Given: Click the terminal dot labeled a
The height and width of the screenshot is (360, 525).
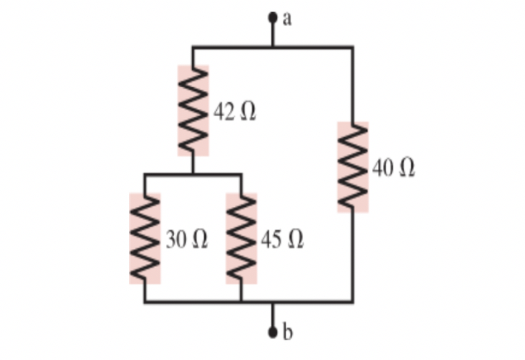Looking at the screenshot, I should click(x=273, y=16).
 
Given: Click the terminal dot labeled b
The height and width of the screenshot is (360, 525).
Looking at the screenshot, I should click(x=273, y=332).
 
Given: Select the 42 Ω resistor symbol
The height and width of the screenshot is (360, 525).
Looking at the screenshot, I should click(x=193, y=110).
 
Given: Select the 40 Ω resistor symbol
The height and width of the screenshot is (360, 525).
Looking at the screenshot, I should click(x=352, y=167).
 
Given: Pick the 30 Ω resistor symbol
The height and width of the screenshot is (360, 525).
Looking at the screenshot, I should click(x=144, y=238).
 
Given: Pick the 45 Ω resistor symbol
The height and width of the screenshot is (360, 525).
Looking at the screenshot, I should click(x=241, y=238).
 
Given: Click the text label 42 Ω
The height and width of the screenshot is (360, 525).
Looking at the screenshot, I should click(x=234, y=112).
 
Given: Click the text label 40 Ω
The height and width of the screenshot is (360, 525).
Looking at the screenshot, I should click(x=394, y=168).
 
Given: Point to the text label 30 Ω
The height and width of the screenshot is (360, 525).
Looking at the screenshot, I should click(x=186, y=240).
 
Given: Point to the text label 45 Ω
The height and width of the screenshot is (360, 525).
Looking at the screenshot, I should click(x=281, y=240).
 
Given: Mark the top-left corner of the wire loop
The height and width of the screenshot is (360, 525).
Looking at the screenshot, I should click(x=193, y=47).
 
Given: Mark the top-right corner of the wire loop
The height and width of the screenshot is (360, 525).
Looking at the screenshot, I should click(x=352, y=47).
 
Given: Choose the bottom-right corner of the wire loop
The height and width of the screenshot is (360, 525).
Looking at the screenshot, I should click(x=352, y=302).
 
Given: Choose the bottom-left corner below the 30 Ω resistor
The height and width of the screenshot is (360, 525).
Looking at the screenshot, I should click(x=144, y=302).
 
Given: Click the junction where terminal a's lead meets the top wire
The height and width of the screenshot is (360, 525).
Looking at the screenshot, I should click(x=273, y=47).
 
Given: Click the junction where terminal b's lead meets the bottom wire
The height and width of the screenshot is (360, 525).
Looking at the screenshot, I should click(x=273, y=302).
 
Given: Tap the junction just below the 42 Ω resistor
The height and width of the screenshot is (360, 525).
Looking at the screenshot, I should click(x=193, y=174).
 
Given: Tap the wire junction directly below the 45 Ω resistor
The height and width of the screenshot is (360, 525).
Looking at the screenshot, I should click(x=241, y=302).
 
